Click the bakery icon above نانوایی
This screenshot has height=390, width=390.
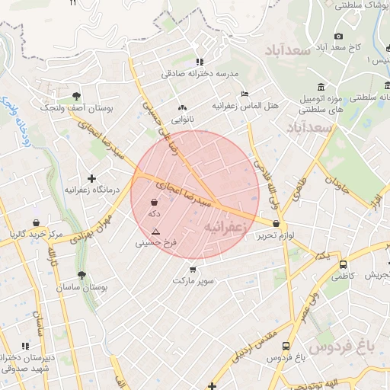point(181,107)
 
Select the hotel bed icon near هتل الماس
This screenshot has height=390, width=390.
point(245,94)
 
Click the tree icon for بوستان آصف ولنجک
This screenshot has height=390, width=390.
point(77,96)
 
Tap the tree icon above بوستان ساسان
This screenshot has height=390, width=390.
point(82,275)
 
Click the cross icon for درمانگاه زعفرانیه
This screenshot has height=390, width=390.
point(91,177)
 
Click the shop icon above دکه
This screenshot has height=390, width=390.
point(155,203)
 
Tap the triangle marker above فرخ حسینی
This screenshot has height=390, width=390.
point(156,232)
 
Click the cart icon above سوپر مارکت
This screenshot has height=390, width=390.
point(192,268)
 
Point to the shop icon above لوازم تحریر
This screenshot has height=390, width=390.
point(276,224)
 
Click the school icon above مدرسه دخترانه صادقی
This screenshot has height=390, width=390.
point(200,62)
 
